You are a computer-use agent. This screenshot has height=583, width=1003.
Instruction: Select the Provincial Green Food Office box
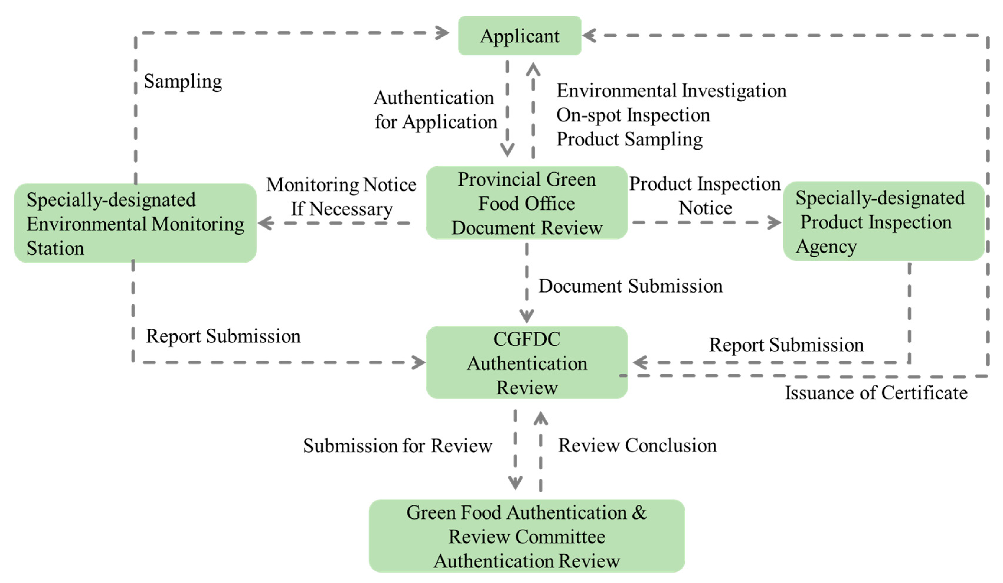click(x=526, y=203)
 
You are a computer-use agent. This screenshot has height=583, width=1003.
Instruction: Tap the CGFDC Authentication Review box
click(x=526, y=363)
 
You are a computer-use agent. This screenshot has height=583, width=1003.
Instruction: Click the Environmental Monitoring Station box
click(x=135, y=223)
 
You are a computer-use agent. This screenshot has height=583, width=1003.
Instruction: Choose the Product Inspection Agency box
click(x=883, y=222)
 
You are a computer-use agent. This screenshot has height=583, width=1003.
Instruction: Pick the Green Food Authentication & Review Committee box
click(x=526, y=536)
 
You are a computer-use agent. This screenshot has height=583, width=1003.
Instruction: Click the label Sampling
click(x=183, y=82)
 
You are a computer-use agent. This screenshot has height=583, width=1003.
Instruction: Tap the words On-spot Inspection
click(x=633, y=115)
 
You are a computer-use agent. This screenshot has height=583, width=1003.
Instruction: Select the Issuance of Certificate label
click(x=876, y=393)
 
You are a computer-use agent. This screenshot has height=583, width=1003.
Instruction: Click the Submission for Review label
click(x=397, y=446)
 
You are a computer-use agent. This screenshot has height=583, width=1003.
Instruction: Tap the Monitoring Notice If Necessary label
click(x=341, y=196)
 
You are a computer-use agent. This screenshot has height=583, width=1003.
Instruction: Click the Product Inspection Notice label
click(x=704, y=196)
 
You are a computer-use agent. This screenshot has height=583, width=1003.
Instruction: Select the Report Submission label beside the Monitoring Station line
click(x=223, y=336)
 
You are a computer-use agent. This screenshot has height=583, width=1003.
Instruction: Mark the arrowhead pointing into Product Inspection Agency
click(x=774, y=222)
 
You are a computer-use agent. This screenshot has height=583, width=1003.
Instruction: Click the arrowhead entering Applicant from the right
click(x=590, y=35)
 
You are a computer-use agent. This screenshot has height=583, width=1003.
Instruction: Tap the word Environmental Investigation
click(x=671, y=91)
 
